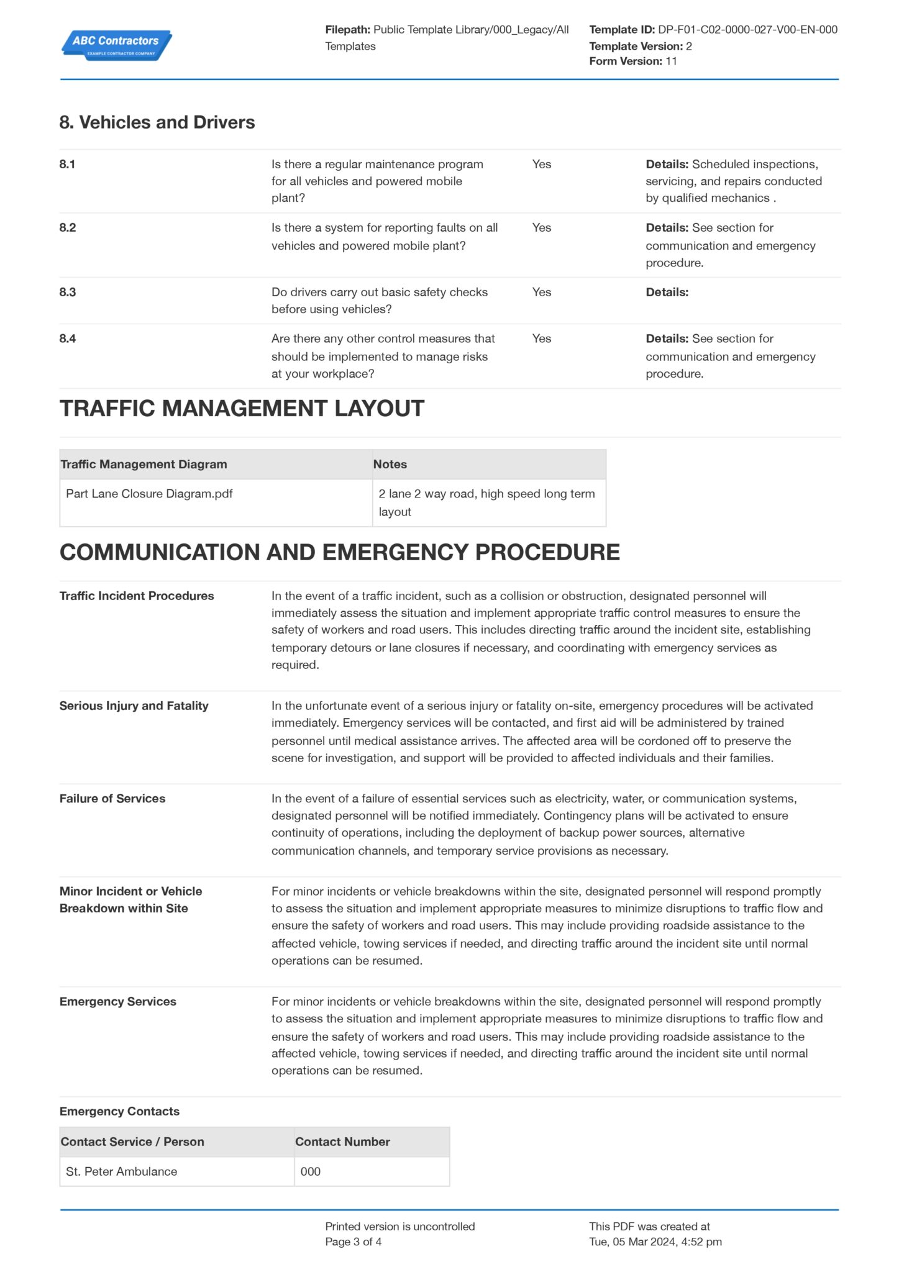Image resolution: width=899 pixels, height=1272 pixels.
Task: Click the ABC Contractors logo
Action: point(116,45)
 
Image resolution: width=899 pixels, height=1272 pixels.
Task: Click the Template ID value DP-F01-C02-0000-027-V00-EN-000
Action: point(747,29)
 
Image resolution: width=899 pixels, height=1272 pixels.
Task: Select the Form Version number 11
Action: point(671,61)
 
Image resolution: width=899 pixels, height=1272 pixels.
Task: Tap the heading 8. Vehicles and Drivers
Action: point(157,122)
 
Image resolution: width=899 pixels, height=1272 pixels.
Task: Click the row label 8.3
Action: point(68,292)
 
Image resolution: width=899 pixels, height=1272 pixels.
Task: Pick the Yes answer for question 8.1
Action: point(541,164)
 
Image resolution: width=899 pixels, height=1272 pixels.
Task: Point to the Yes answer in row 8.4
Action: point(541,338)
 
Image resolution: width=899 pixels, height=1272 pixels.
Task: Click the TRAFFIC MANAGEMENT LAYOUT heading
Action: point(242,409)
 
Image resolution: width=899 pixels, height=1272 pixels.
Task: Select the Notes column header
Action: point(390,464)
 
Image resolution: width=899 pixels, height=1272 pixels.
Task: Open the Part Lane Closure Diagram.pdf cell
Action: point(149,494)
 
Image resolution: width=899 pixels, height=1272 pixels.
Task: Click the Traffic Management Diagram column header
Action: point(144,464)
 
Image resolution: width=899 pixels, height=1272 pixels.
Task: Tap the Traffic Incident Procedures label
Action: point(137,596)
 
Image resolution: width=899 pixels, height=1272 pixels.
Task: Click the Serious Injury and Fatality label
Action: point(134,706)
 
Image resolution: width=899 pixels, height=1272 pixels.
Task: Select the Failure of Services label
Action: point(112,798)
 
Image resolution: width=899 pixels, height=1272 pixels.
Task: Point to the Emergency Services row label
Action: point(117,1001)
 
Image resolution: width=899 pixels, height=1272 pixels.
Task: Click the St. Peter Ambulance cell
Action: point(121,1171)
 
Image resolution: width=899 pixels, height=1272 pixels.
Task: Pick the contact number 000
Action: point(310,1171)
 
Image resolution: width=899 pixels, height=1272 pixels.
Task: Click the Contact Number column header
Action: point(342,1142)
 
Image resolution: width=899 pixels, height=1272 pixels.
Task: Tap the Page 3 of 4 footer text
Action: point(353,1242)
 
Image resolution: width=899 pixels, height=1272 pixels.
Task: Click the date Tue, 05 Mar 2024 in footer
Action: point(632,1242)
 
